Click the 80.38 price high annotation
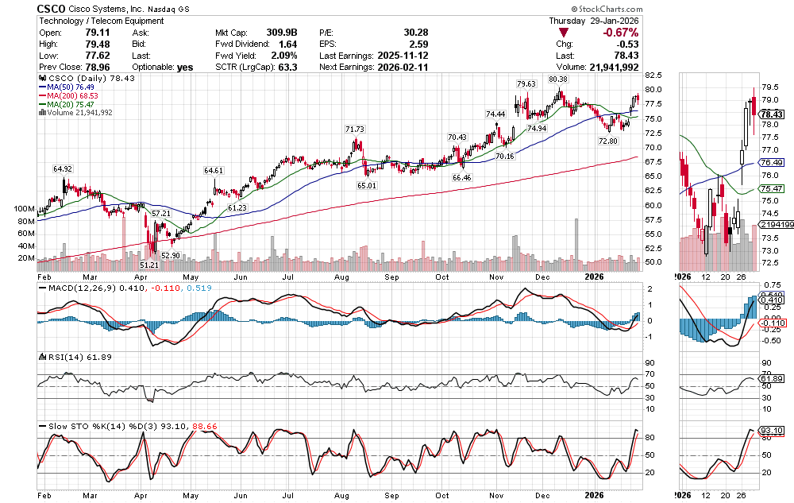558,79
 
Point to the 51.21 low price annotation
149,264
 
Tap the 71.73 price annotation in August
355,129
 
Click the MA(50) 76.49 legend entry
75,87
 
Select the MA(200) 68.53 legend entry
78,95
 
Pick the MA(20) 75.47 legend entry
75,104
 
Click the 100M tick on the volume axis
25,208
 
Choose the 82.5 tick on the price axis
653,75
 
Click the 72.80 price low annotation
607,141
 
